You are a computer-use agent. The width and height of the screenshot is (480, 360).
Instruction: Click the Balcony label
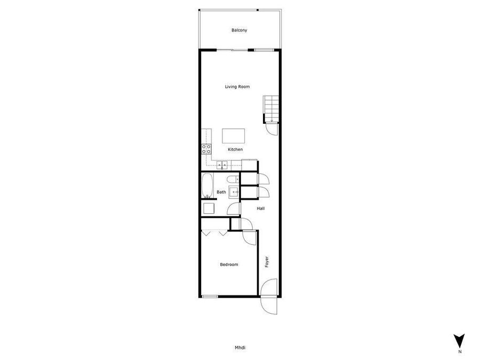tap(239, 30)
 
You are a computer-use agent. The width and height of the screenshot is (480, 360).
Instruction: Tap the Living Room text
tap(237, 86)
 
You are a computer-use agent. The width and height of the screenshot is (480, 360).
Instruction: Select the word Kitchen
tap(235, 149)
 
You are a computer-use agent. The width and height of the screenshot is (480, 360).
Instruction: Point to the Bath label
tap(221, 192)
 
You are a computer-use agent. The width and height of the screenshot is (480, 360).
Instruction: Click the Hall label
tap(261, 209)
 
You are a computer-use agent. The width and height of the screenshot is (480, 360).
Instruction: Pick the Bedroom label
tap(229, 265)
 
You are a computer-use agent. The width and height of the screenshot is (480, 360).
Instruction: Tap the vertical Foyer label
tap(267, 262)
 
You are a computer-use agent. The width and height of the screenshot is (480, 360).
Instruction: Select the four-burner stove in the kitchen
tap(206, 149)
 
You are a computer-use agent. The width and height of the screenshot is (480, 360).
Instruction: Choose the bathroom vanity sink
tap(234, 192)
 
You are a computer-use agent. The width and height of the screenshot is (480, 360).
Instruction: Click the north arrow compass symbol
tap(459, 340)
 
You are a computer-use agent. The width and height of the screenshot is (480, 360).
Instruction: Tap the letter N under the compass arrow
tap(460, 351)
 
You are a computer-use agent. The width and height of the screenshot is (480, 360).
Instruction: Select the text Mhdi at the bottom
tap(240, 348)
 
